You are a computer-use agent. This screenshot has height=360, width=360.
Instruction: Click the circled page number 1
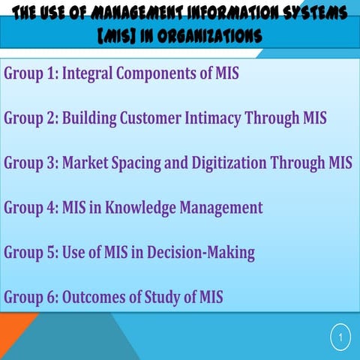pos(340,338)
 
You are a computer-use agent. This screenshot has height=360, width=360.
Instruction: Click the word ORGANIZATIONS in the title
pos(213,35)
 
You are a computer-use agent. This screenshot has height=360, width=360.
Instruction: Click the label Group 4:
pos(30,208)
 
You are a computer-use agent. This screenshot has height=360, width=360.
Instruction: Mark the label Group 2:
pos(30,118)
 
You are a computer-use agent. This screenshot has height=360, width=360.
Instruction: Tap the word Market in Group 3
pos(87,163)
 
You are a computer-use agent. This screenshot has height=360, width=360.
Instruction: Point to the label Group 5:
pos(30,253)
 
